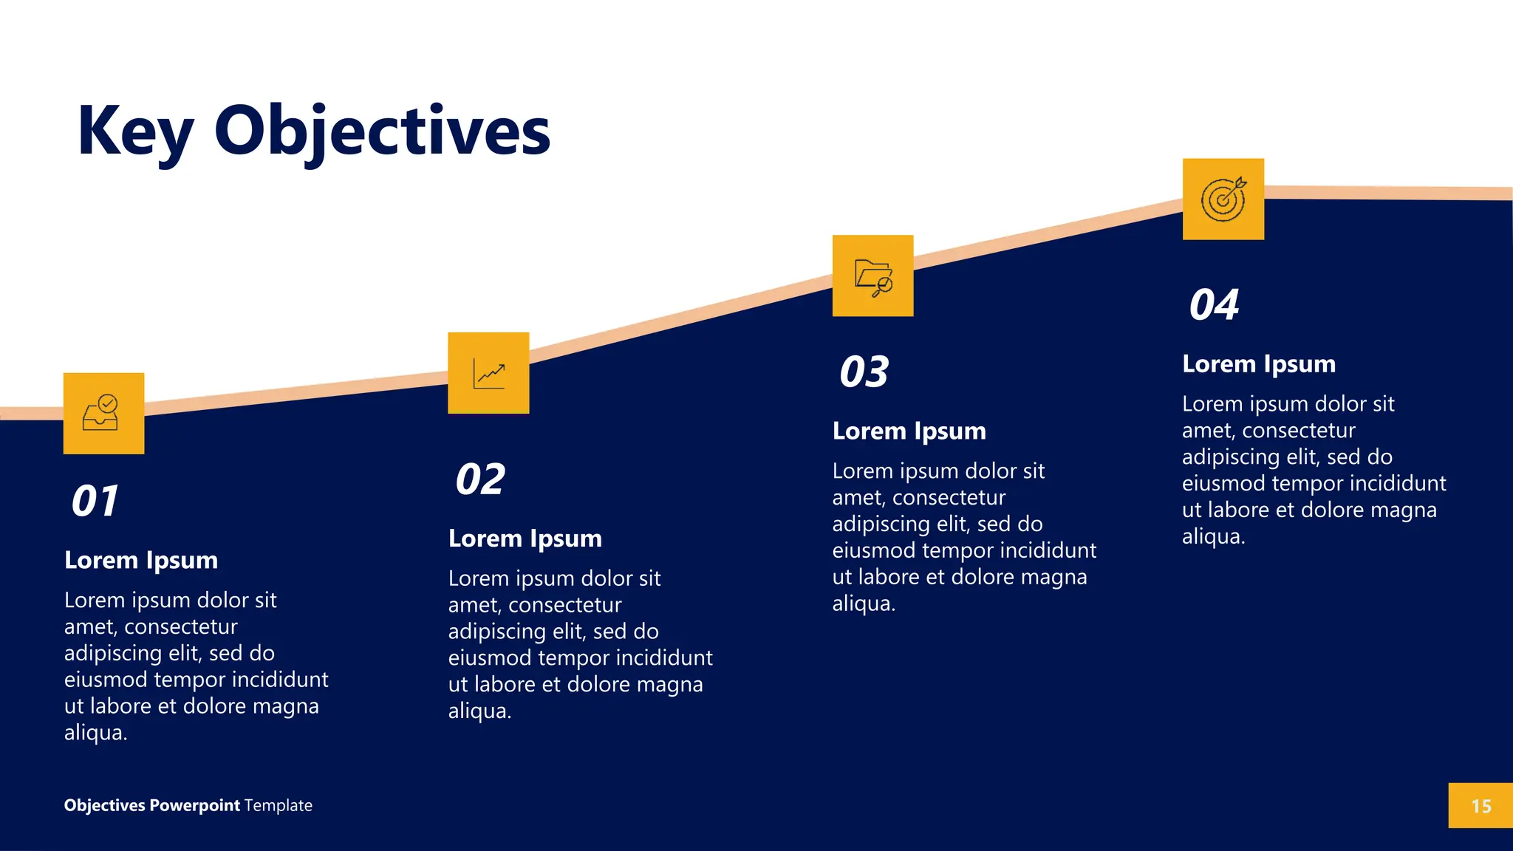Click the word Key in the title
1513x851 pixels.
134,131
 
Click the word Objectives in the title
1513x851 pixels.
382,131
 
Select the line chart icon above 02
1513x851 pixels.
488,373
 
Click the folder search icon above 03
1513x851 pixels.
872,276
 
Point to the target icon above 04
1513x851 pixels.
1223,199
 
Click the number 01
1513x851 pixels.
95,501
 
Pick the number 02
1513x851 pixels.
480,479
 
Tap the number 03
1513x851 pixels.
864,372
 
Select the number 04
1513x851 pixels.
1214,304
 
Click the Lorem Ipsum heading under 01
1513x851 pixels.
141,560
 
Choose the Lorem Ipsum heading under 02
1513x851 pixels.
525,539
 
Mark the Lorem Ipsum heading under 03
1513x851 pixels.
909,431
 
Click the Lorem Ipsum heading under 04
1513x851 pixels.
1259,363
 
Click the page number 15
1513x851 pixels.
1480,806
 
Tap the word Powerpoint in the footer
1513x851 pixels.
194,805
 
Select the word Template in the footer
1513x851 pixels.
279,805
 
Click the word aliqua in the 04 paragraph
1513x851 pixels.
1212,536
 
